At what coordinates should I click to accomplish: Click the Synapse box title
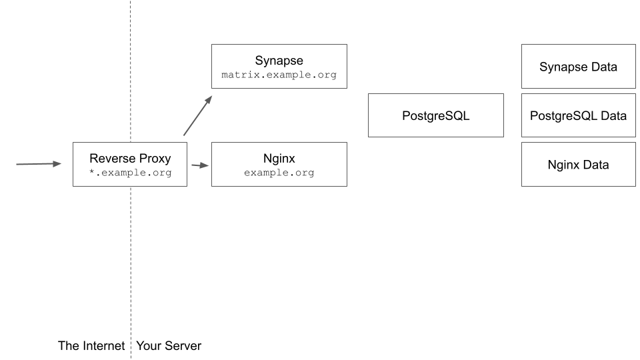pyautogui.click(x=279, y=61)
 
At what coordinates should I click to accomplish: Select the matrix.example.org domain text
pyautogui.click(x=279, y=75)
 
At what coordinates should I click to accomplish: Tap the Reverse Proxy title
pyautogui.click(x=130, y=159)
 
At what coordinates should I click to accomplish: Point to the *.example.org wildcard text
pyautogui.click(x=130, y=173)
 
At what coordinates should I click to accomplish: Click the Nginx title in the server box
pyautogui.click(x=279, y=159)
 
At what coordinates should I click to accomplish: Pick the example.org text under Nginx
pyautogui.click(x=279, y=173)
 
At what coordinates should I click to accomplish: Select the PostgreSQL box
pyautogui.click(x=436, y=115)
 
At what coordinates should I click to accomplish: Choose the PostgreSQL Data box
pyautogui.click(x=578, y=115)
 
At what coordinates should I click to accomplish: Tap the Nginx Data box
pyautogui.click(x=578, y=164)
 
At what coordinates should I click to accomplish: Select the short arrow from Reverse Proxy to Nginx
pyautogui.click(x=199, y=165)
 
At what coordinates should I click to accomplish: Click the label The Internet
pyautogui.click(x=91, y=346)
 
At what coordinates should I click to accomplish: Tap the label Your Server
pyautogui.click(x=169, y=346)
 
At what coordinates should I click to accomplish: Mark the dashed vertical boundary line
pyautogui.click(x=131, y=267)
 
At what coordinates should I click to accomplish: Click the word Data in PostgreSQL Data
pyautogui.click(x=613, y=115)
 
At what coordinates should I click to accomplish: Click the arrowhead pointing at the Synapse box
pyautogui.click(x=208, y=100)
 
